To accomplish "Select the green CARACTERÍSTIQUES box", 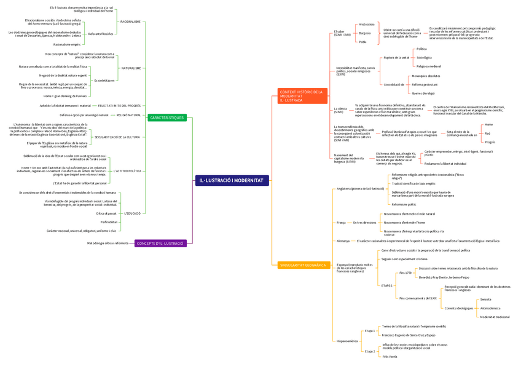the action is [x=166, y=117].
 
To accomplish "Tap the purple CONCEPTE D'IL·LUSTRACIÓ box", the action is [x=160, y=244].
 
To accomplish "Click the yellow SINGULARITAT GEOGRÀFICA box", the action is [x=302, y=265].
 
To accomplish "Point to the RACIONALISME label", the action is [x=130, y=22].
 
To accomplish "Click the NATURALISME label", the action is [x=131, y=68].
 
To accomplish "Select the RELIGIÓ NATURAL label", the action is [x=129, y=115].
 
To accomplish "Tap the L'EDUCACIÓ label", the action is [x=132, y=213].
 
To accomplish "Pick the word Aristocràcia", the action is [x=367, y=24].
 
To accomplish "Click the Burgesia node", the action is [x=365, y=33].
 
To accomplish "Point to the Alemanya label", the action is [x=343, y=241].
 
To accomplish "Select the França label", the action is [x=341, y=222].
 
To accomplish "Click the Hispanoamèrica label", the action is [x=347, y=341].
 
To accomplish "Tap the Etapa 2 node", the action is [x=369, y=351].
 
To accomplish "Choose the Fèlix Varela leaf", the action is [x=390, y=357].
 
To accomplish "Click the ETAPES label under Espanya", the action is [x=386, y=285].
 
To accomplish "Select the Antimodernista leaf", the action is [x=490, y=308].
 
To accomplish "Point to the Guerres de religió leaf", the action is [x=423, y=93].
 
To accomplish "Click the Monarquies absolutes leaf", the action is [x=426, y=76].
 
